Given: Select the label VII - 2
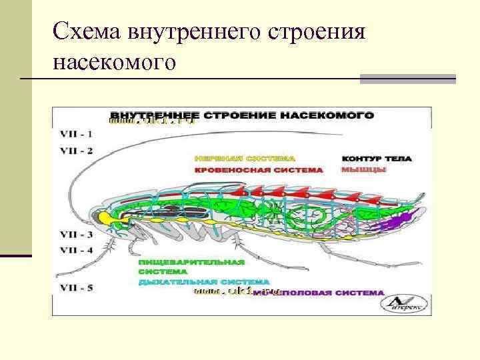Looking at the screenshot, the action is tap(77, 150).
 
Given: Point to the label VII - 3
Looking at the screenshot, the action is tap(77, 235).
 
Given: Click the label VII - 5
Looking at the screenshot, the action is tap(77, 288).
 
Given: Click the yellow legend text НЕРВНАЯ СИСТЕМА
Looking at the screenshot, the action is tap(245, 159).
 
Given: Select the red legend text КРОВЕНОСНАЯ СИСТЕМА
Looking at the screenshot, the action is tap(259, 170).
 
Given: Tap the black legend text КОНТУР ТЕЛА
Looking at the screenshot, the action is tap(377, 159).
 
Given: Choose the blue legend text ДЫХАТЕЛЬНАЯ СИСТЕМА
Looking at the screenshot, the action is tap(204, 282).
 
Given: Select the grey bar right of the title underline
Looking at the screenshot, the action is tap(407, 79).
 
